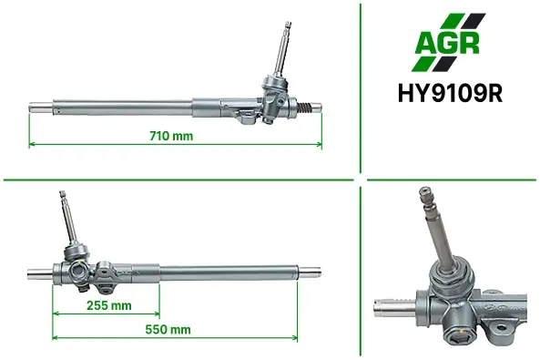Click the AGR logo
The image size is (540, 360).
[x=448, y=43]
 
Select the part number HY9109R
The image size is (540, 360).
[x=450, y=93]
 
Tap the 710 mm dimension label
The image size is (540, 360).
[x=171, y=136]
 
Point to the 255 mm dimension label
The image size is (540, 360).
[x=109, y=305]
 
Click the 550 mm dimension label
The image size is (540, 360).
[x=168, y=329]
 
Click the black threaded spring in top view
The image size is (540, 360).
[x=304, y=108]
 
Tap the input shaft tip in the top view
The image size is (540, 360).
[x=287, y=26]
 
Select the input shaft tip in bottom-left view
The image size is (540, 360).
[x=62, y=193]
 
